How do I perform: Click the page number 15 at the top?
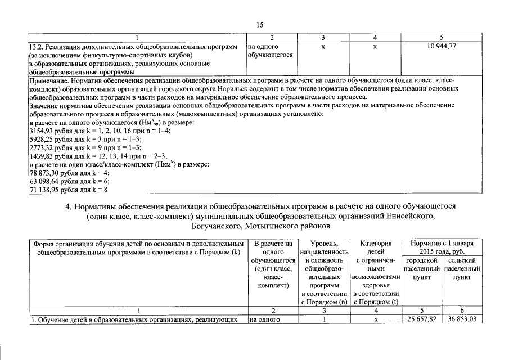[x=260, y=25]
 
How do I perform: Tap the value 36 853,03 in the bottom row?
[x=461, y=320]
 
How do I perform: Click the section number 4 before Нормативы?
[x=67, y=206]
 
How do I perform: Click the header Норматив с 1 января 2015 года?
[x=442, y=248]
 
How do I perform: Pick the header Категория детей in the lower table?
[x=375, y=248]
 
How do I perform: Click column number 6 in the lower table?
[x=461, y=310]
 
